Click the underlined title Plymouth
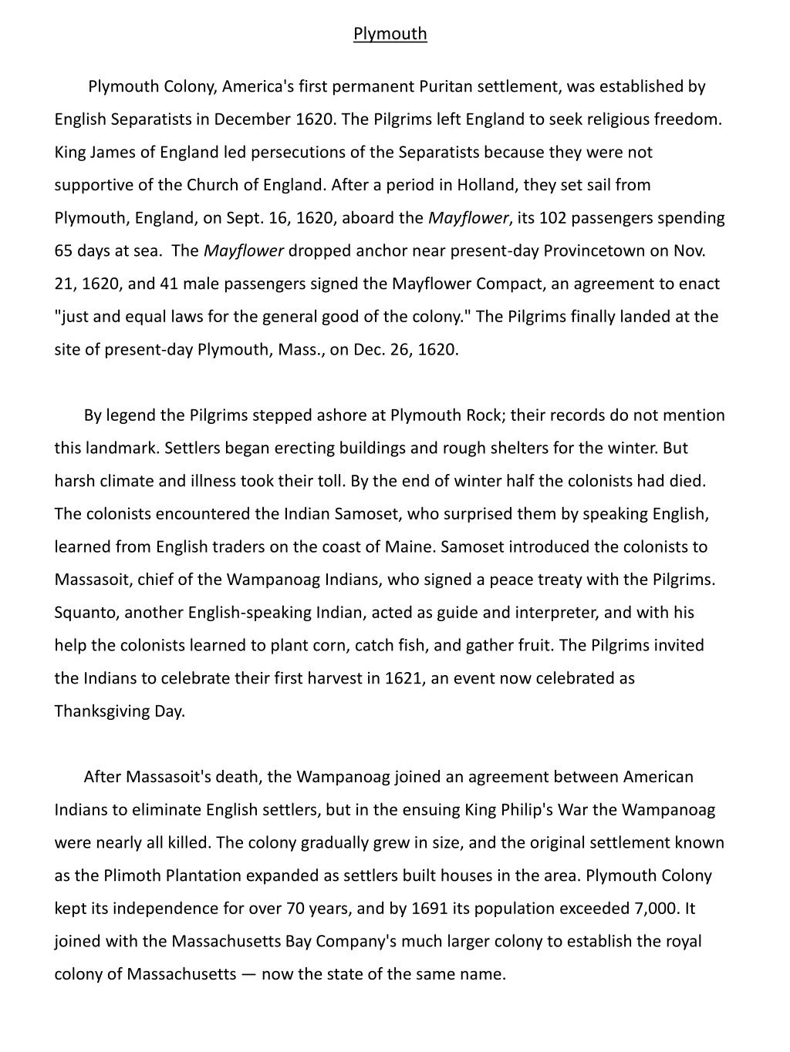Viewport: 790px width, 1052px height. tap(390, 34)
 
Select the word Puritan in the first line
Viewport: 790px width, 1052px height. tap(445, 86)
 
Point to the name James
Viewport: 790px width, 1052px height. tap(113, 152)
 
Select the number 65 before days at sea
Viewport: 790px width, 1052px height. tap(63, 251)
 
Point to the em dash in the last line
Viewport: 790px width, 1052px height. tap(248, 974)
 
